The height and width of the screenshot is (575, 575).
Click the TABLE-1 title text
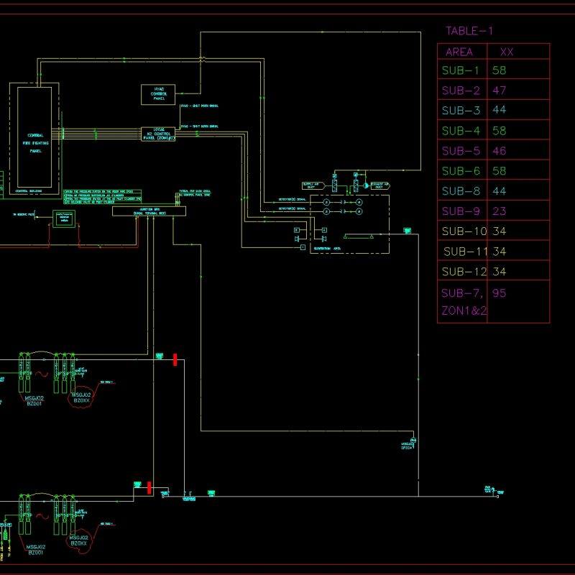pos(469,31)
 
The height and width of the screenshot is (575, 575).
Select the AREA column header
pos(459,52)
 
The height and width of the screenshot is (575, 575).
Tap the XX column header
pos(506,52)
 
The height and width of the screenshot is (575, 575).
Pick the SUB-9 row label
pos(461,211)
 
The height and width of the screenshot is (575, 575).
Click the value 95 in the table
pos(500,293)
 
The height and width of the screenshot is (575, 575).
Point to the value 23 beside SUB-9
pos(500,211)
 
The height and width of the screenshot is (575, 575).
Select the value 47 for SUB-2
pos(500,91)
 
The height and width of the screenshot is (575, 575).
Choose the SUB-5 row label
pos(461,151)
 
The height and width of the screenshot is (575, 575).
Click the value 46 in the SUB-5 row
pos(500,151)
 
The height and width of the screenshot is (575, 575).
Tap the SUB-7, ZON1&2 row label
pos(464,302)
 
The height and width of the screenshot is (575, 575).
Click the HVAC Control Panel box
pos(158,94)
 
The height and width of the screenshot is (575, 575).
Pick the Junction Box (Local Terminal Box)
pos(149,211)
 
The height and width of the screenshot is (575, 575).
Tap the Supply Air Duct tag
pos(311,185)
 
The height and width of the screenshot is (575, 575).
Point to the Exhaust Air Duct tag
pos(380,185)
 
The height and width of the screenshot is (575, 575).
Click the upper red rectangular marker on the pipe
pos(175,359)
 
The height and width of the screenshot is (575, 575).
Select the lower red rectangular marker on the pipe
pos(149,488)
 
